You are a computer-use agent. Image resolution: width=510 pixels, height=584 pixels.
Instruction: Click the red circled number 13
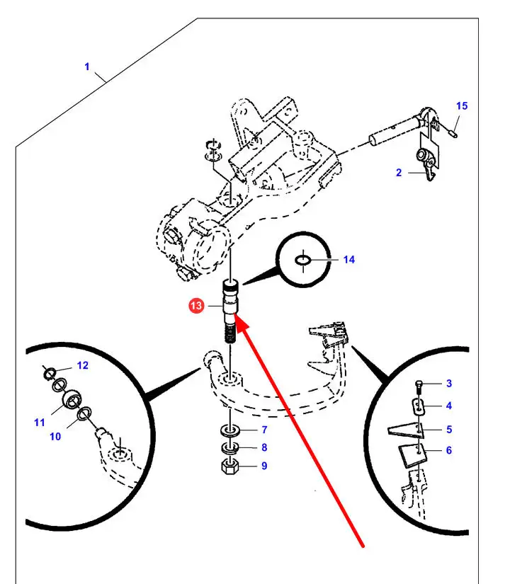(x=196, y=306)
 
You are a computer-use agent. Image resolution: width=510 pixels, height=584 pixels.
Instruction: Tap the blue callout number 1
(x=87, y=67)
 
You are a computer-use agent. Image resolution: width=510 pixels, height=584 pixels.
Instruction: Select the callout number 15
(x=462, y=105)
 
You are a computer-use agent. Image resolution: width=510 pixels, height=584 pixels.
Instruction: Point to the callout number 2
(x=399, y=173)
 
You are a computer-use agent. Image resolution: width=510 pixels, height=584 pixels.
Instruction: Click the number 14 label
(x=349, y=260)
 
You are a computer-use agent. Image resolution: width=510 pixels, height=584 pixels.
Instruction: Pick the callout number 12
(x=82, y=365)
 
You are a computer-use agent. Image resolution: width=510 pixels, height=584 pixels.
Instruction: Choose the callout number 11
(x=39, y=423)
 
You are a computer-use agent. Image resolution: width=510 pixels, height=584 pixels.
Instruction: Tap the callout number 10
(x=55, y=436)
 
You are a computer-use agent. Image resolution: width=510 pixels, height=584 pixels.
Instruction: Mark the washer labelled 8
(x=230, y=447)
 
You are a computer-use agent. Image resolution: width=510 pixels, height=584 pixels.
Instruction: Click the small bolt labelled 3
(x=419, y=388)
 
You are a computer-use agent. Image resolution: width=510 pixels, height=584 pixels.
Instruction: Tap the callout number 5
(x=449, y=430)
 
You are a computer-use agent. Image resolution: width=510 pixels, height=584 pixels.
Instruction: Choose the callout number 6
(x=449, y=450)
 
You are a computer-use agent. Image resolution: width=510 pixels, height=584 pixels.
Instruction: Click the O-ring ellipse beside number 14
(x=302, y=260)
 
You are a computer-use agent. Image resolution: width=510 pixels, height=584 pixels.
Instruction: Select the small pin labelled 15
(x=453, y=133)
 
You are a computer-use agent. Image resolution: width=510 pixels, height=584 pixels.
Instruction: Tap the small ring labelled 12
(x=50, y=373)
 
